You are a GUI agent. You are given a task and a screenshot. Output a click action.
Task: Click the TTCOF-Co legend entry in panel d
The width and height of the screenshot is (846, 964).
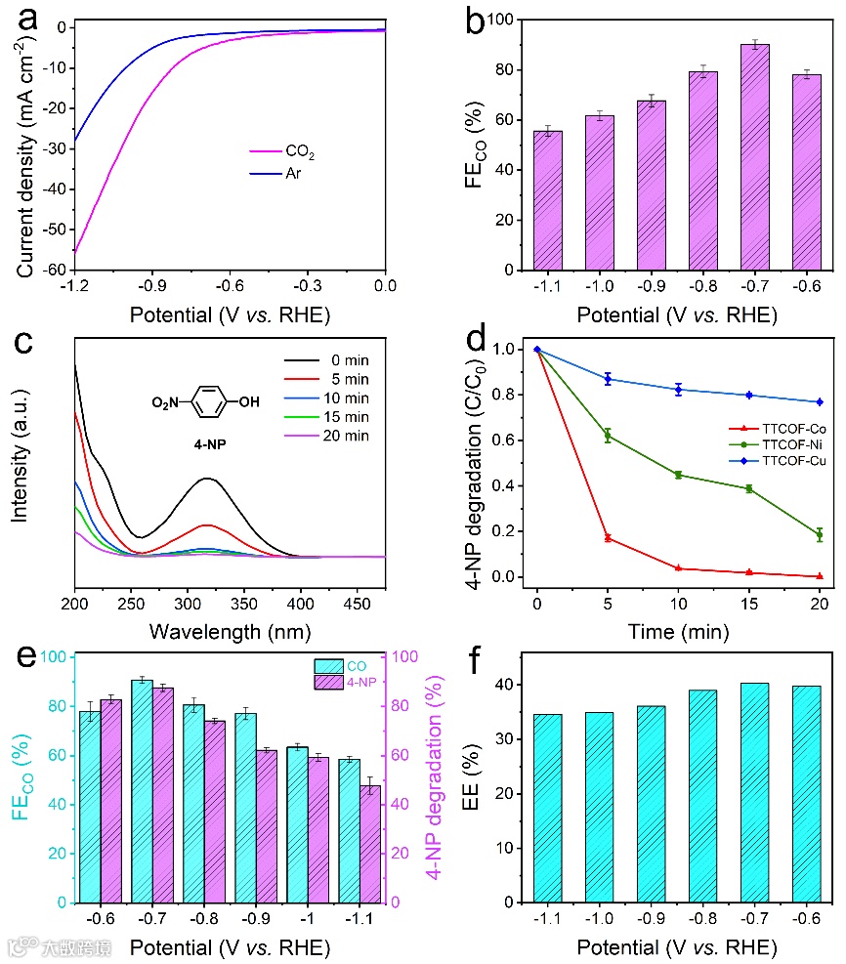782,428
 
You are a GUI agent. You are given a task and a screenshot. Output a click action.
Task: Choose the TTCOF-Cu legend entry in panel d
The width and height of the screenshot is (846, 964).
782,459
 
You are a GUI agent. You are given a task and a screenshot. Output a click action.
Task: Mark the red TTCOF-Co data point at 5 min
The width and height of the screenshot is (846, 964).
608,538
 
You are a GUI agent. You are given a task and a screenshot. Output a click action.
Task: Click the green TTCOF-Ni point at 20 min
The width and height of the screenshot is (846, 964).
820,535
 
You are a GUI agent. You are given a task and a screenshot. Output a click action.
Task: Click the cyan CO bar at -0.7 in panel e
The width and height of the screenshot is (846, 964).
142,791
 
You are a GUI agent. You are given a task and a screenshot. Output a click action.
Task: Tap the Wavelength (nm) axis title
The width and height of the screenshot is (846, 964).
231,632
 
